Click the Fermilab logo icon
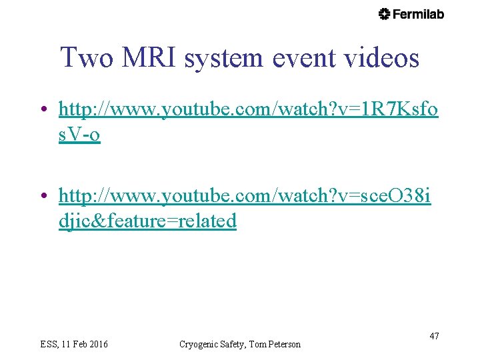pos(385,14)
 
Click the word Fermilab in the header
pos(418,14)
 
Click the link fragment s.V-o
pos(79,135)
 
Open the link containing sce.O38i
pos(245,197)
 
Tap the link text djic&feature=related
pos(147,221)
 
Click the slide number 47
pos(434,336)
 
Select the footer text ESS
pos(49,344)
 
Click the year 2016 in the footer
pos(97,344)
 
